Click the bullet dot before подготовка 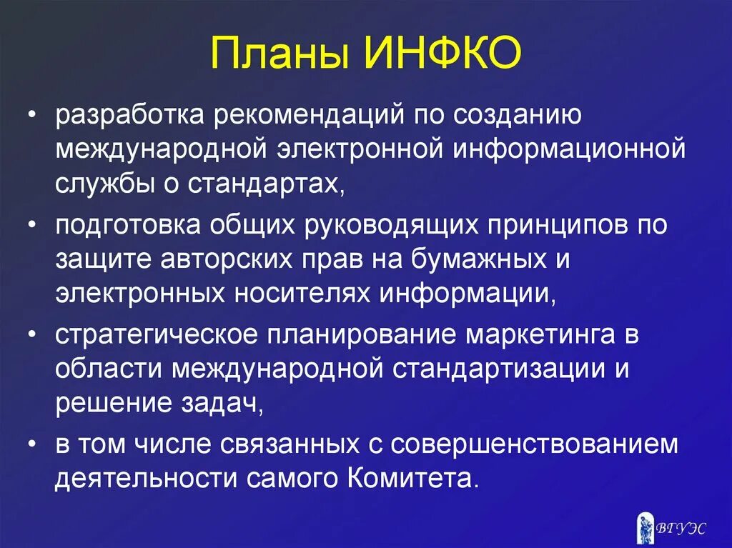pos(34,224)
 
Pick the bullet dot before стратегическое pos(34,334)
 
